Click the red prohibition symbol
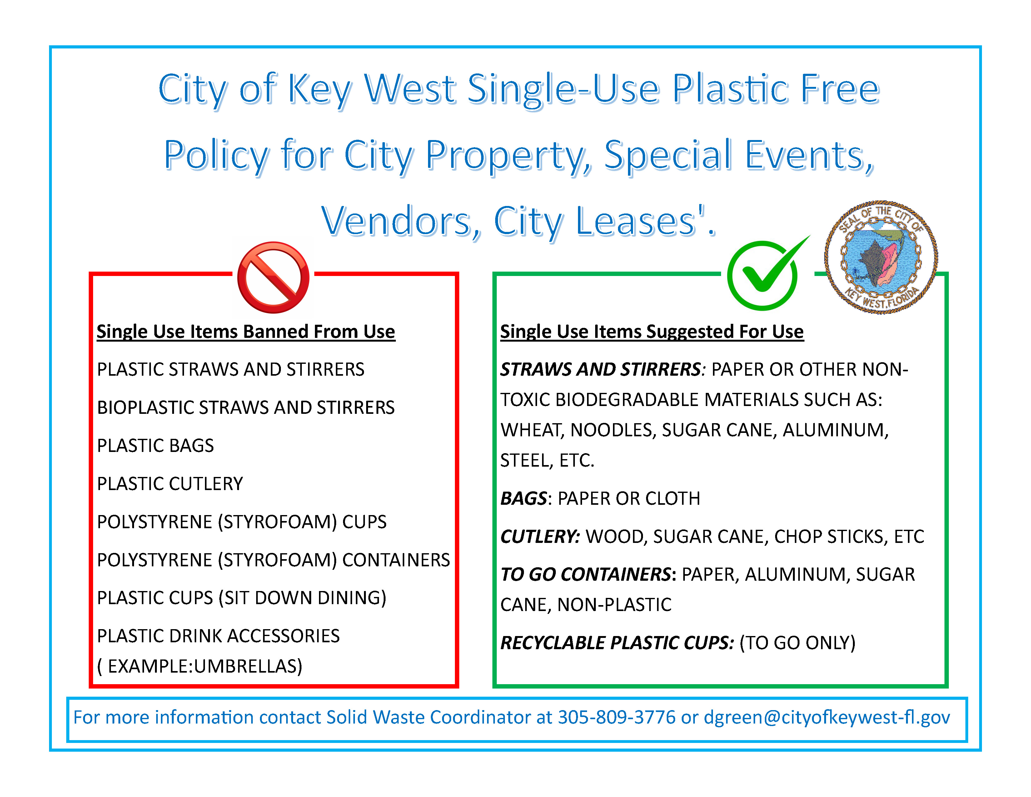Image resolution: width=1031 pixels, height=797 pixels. coord(273,278)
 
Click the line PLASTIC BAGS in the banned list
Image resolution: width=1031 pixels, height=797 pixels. coord(155,446)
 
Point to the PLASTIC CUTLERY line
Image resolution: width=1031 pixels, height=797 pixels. coord(170,484)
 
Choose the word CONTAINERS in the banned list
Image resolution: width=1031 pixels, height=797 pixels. coord(396,560)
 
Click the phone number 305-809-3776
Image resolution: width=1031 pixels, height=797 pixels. coord(617,717)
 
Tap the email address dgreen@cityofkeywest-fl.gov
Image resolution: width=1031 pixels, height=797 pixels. coord(827,718)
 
